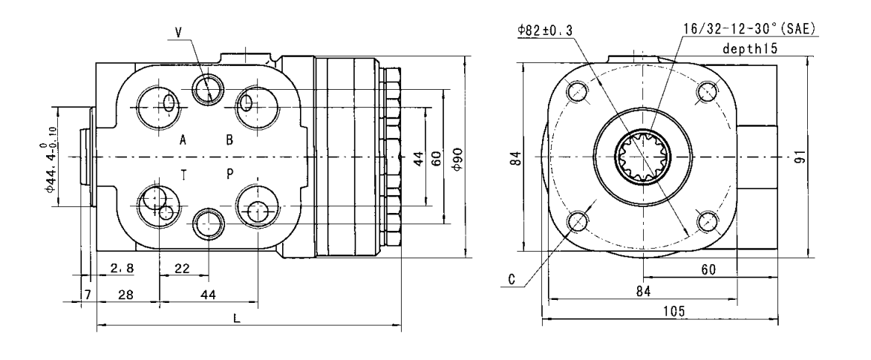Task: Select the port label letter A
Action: [x=183, y=140]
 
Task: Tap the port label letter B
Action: [x=229, y=140]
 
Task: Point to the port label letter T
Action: [x=183, y=173]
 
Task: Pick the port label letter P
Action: [x=230, y=173]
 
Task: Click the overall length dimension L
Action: [x=236, y=317]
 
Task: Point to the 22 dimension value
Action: [x=181, y=269]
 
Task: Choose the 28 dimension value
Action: [x=125, y=295]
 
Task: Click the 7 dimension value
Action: [x=87, y=295]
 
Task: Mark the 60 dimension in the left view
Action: [x=437, y=158]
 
